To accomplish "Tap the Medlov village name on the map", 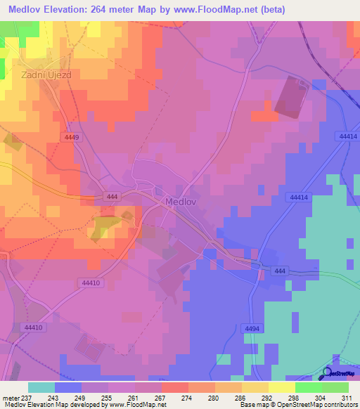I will point(183,201).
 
